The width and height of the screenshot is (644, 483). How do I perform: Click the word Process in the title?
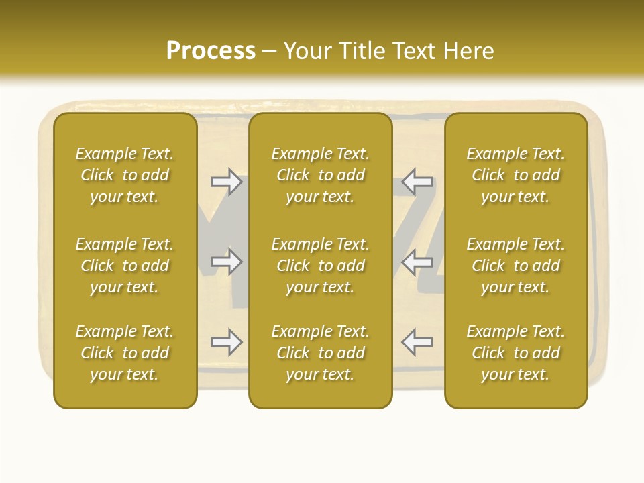pos(211,51)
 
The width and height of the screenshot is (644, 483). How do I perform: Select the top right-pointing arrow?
pos(226,182)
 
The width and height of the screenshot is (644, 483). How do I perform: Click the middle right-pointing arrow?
pos(226,262)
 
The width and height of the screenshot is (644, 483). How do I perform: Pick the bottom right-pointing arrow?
pos(226,342)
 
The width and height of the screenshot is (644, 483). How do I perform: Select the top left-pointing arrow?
pos(417,182)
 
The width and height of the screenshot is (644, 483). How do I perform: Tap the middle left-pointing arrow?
pos(417,262)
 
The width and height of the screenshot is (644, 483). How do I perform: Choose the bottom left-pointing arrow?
pos(417,342)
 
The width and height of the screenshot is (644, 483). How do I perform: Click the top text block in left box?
pos(125,175)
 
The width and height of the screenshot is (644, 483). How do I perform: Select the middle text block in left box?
pos(125,266)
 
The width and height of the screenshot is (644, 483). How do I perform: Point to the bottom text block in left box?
pos(125,353)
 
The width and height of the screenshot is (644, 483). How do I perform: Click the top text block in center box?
pos(320,175)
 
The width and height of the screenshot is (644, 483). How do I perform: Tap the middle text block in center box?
pos(320,266)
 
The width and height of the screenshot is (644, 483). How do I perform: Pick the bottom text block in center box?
pos(320,353)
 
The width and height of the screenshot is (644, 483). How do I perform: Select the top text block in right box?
pos(515,175)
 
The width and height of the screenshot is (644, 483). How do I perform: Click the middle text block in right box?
pos(515,266)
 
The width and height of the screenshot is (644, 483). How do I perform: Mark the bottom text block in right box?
pos(515,353)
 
